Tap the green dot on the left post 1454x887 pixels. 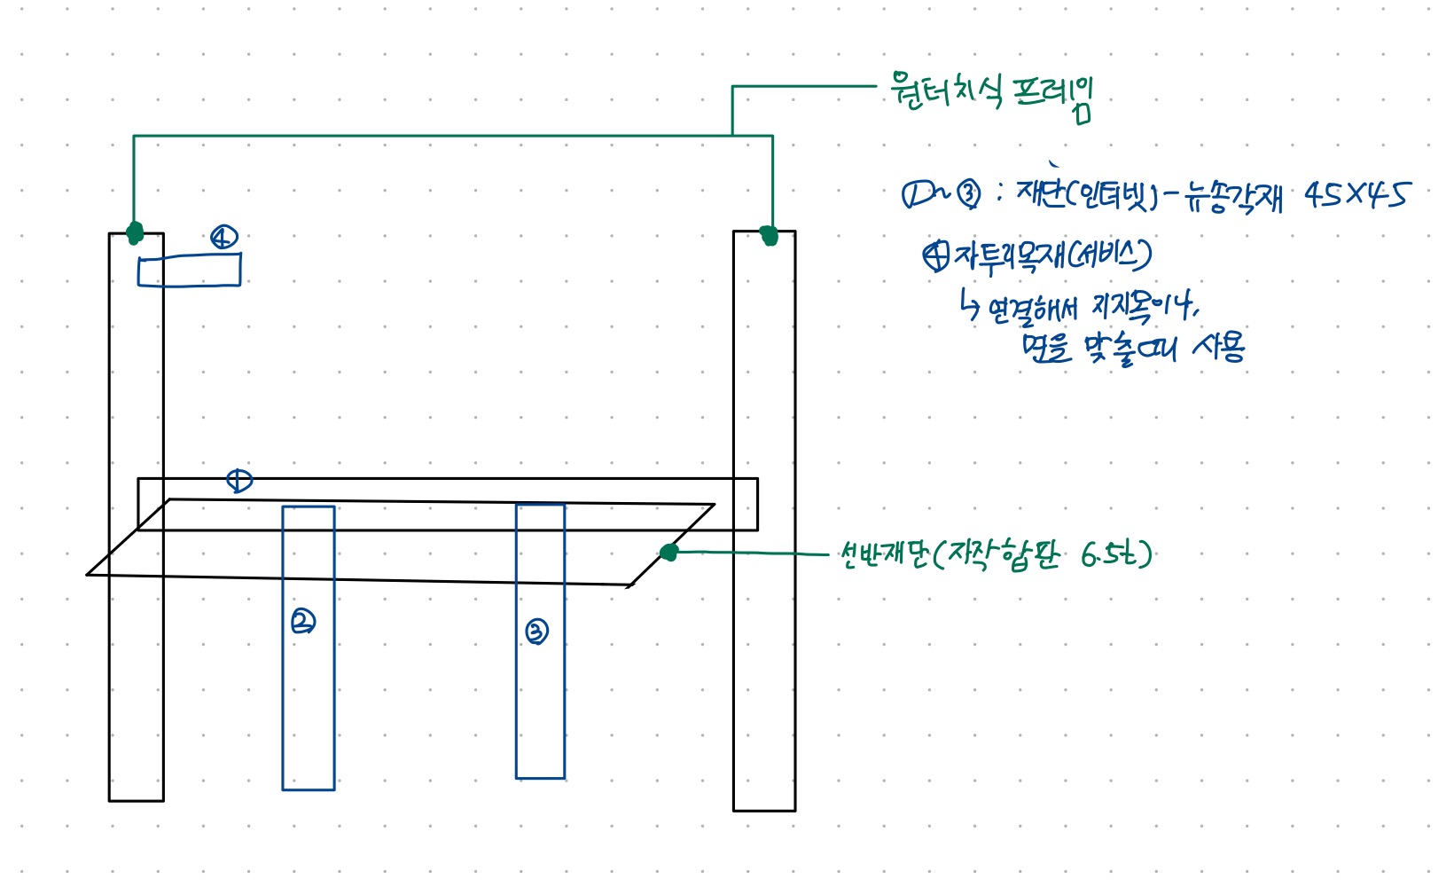pos(134,232)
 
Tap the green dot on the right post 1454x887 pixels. pos(769,236)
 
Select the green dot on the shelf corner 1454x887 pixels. pos(669,553)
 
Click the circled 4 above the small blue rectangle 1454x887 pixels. pos(223,237)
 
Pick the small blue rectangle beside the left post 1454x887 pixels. pos(189,271)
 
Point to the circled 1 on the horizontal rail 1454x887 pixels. pos(239,481)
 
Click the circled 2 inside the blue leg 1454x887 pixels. pos(303,622)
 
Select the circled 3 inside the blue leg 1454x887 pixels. pos(536,632)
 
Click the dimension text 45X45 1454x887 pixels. pos(1355,195)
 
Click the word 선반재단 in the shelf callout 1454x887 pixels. pos(883,556)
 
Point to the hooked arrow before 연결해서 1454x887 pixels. pos(970,305)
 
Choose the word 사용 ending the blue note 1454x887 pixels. pos(1219,345)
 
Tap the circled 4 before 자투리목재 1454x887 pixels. pos(934,256)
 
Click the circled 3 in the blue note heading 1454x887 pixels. pos(968,194)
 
